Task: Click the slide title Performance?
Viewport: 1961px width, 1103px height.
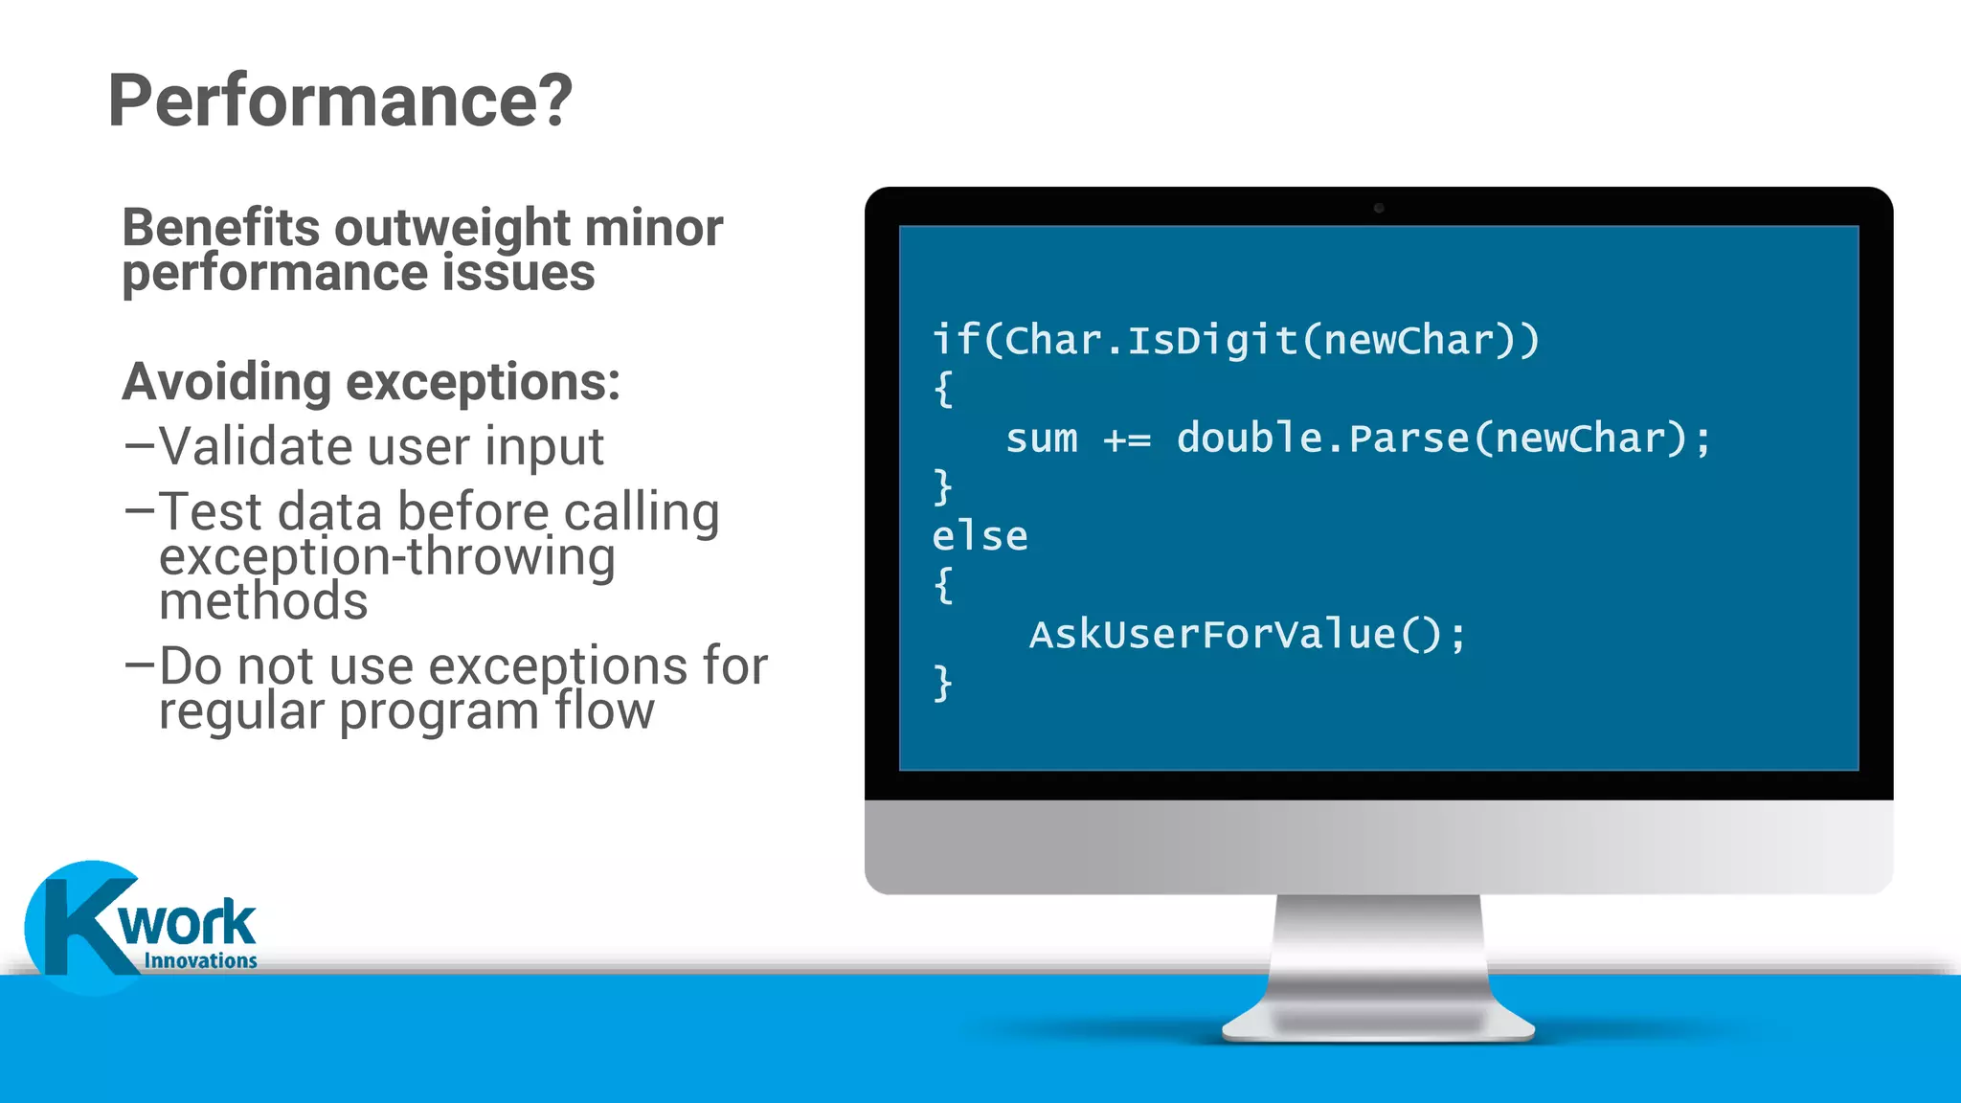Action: point(340,101)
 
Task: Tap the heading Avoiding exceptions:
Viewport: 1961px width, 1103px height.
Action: point(372,382)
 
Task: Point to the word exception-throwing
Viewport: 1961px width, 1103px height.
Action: point(387,557)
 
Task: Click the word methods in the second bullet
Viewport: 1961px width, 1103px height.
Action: point(263,602)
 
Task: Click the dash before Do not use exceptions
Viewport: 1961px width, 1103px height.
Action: point(140,664)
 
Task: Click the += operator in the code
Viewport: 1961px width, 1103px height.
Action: point(1127,439)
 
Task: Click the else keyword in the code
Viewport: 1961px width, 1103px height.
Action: point(980,536)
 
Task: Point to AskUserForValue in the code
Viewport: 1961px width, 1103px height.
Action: point(1212,634)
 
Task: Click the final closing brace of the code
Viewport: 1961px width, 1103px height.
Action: point(943,683)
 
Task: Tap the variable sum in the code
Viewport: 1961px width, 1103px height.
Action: point(1041,439)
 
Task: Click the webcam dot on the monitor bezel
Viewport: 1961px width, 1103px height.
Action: point(1379,208)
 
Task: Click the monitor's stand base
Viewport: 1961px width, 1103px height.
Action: point(1379,1024)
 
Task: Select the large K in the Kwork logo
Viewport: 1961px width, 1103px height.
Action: point(81,924)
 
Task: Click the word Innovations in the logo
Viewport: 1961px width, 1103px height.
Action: point(200,960)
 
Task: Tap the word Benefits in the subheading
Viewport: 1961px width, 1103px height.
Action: point(221,228)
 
